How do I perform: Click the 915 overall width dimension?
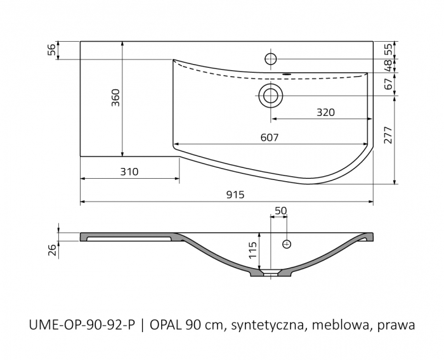235,195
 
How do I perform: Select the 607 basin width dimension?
270,137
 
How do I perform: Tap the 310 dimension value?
127,172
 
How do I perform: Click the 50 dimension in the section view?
280,210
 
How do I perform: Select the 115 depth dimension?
252,252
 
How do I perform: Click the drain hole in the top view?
271,96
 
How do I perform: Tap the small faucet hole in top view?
270,59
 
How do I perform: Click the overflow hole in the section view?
286,243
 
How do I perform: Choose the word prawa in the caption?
396,325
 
